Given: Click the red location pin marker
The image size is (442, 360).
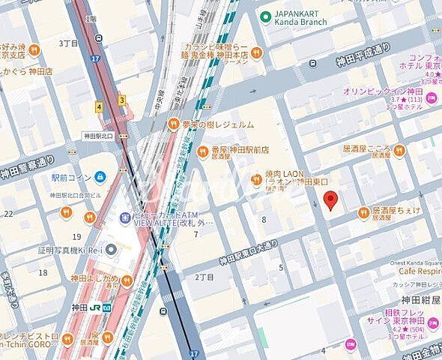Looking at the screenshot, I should click(330, 200).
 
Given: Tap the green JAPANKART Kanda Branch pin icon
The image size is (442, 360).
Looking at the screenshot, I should click(264, 17).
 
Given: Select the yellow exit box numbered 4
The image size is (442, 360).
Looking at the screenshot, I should click(99, 107).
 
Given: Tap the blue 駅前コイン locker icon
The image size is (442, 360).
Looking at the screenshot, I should click(100, 177).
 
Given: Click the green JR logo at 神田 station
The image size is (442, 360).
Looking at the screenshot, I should click(106, 308).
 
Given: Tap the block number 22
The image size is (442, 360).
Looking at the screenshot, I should click(8, 214).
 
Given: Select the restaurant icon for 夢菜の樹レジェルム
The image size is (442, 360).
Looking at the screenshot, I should click(172, 124).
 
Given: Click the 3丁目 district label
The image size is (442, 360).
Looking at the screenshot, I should click(69, 43).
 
